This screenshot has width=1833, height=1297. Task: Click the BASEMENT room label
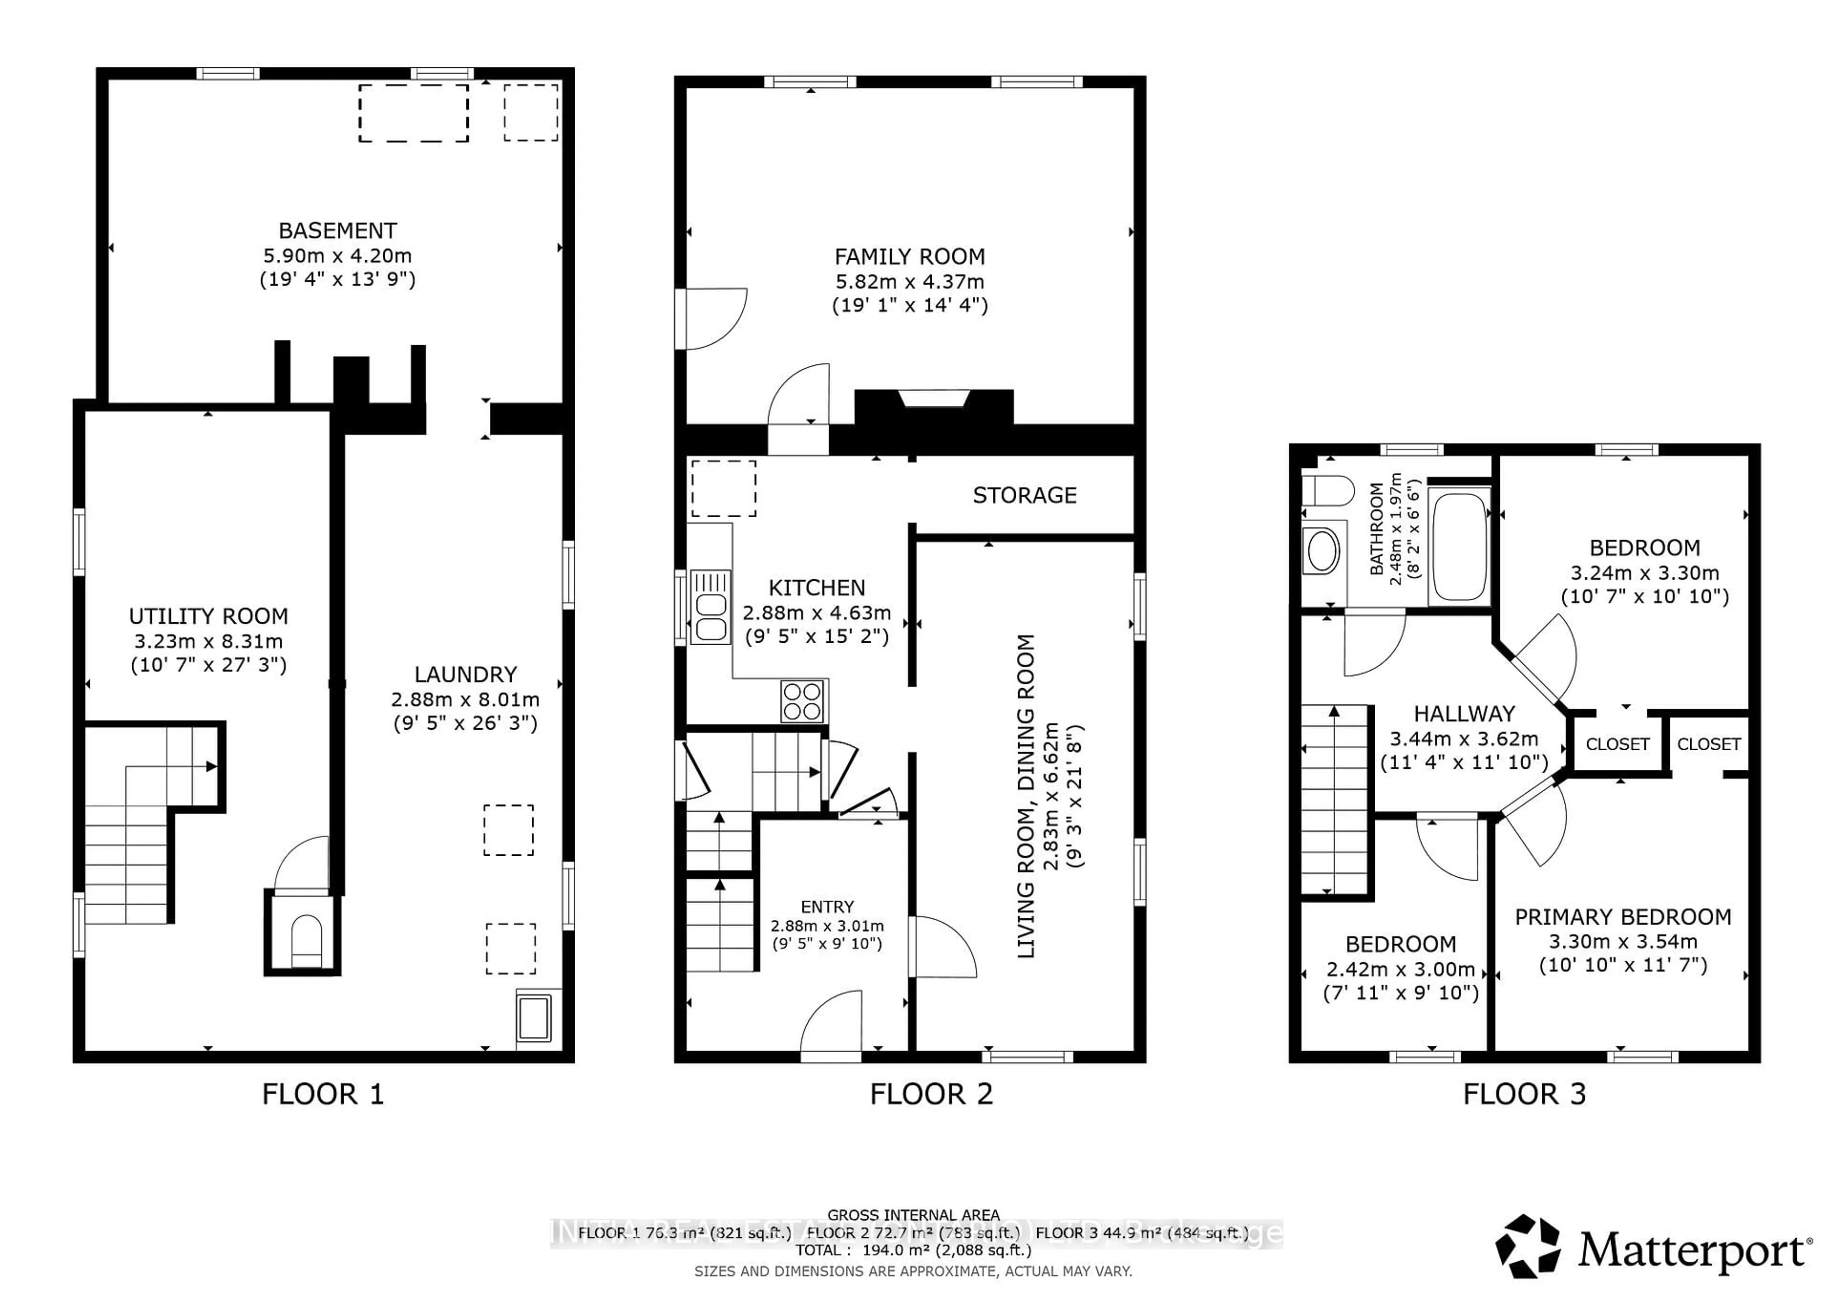337,231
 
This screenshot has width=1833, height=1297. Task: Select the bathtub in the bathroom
1459,545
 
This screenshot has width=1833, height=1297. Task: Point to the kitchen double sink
710,606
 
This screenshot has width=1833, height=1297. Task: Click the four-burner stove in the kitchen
802,701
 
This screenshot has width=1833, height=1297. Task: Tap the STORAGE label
1024,495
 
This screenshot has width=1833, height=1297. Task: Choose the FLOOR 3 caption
1523,1094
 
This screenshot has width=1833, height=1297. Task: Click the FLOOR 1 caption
323,1094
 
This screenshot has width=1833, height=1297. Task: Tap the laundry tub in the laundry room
534,1017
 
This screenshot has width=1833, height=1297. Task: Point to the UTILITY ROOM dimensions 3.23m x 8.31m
209,641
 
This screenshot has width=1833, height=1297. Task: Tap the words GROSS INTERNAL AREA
913,1215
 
